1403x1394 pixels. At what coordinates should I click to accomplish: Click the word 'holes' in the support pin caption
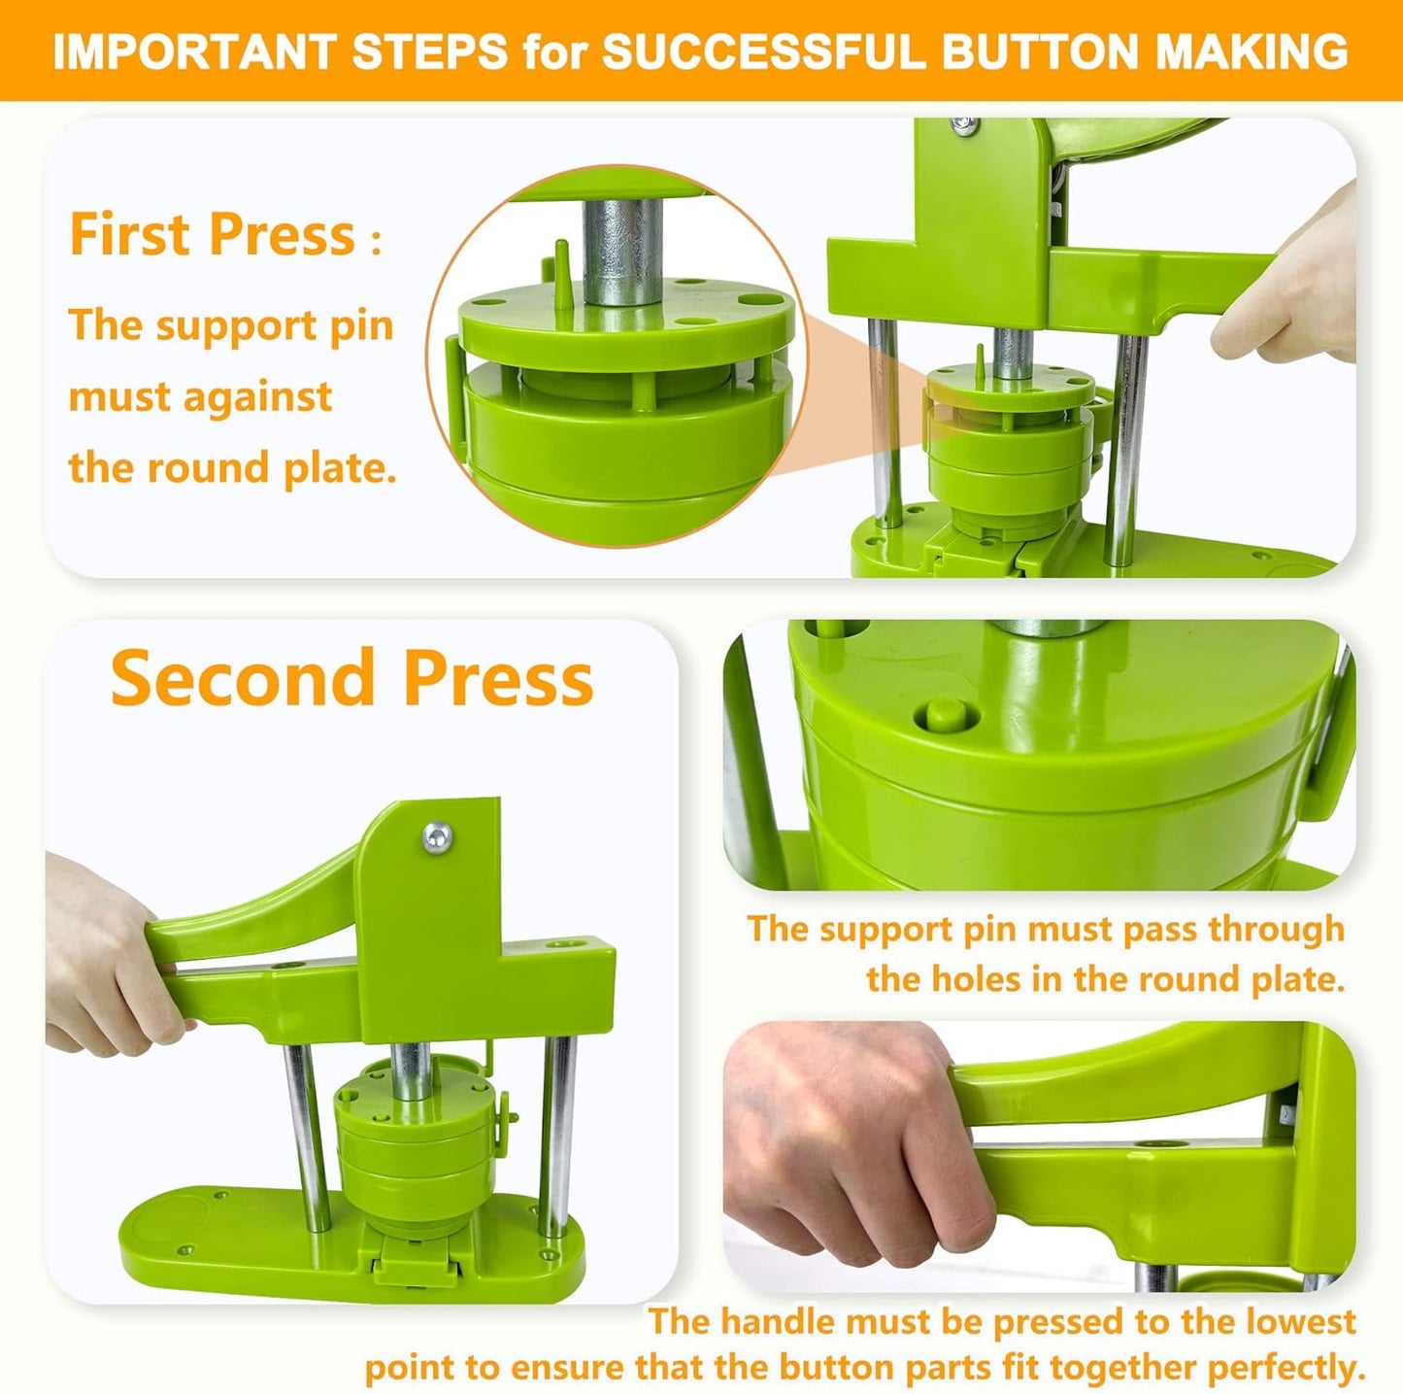[975, 979]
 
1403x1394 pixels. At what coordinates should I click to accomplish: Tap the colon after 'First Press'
[376, 241]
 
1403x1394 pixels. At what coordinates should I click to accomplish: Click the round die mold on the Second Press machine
[412, 1146]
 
